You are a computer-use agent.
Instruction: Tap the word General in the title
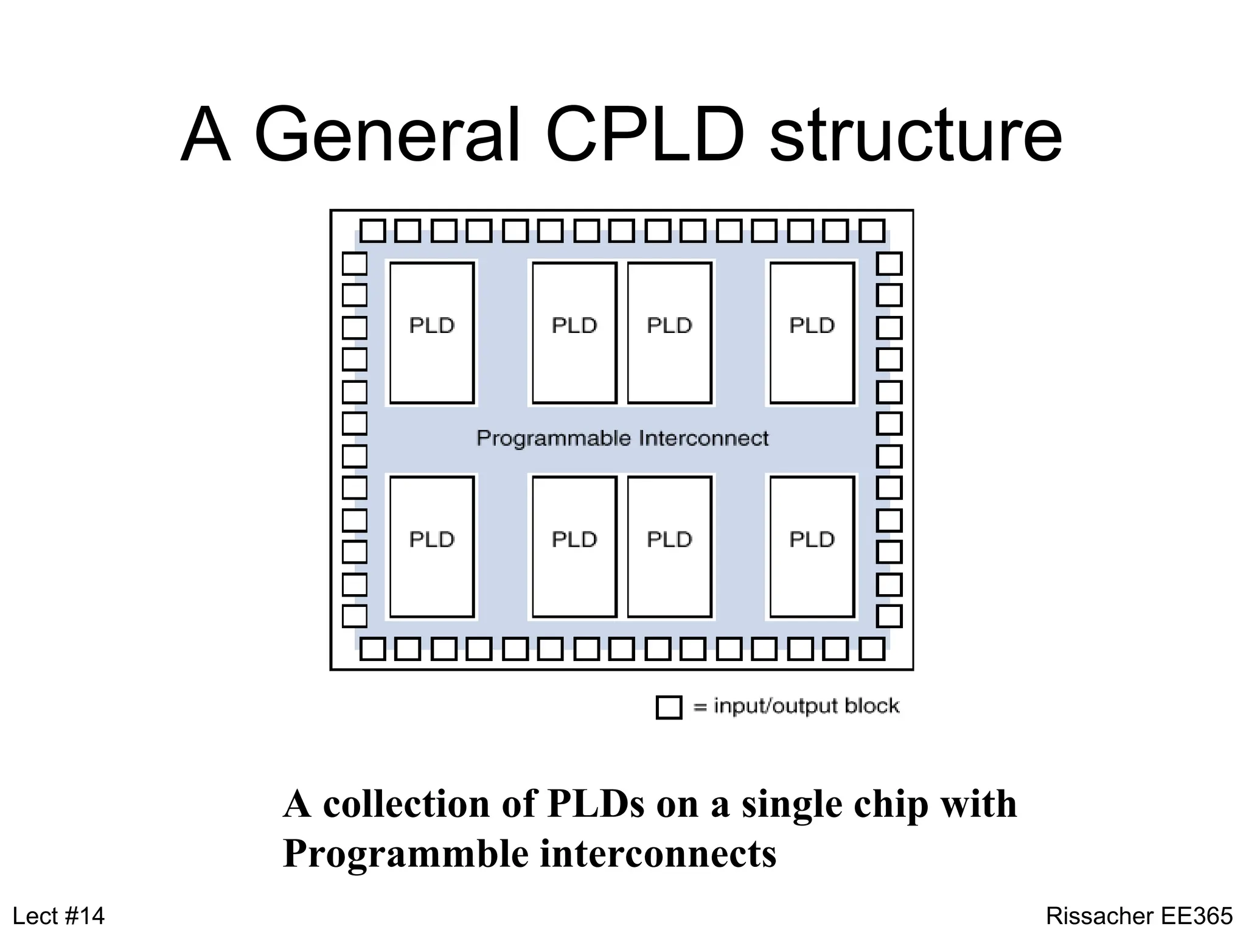[x=388, y=135]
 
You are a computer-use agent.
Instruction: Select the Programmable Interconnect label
[x=622, y=438]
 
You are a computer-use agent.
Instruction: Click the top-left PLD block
[x=432, y=332]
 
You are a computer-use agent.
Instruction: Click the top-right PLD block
[x=812, y=332]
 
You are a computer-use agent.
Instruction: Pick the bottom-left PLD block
[x=432, y=547]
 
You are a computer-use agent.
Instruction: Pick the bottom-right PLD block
[x=812, y=547]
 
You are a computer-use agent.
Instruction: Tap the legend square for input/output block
[x=669, y=707]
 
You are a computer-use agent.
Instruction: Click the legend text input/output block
[x=806, y=706]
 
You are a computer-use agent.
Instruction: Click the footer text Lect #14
[x=58, y=916]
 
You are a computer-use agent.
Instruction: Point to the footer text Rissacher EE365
[x=1139, y=916]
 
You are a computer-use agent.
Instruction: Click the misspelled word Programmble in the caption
[x=406, y=854]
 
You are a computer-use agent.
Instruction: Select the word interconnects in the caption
[x=658, y=853]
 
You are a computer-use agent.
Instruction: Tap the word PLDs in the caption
[x=596, y=804]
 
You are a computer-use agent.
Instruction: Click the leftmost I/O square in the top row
[x=372, y=231]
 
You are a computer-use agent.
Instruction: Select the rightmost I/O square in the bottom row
[x=872, y=649]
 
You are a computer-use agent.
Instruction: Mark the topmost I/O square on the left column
[x=355, y=264]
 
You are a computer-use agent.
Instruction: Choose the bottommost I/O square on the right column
[x=889, y=616]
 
